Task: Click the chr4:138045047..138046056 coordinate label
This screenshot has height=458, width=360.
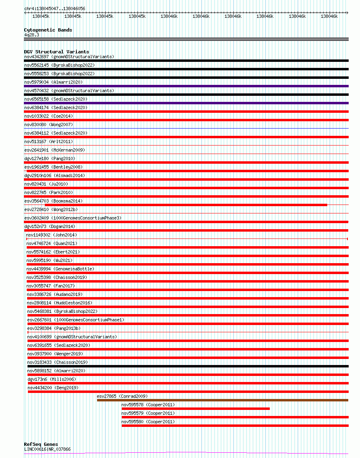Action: tap(55, 8)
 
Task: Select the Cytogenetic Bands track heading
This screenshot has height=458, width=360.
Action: tap(48, 30)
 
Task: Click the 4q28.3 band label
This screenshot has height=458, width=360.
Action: tap(32, 35)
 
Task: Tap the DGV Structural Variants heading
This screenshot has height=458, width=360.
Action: tap(57, 52)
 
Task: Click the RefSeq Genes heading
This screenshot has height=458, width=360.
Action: tap(41, 445)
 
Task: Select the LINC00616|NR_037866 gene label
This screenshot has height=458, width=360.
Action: tap(47, 449)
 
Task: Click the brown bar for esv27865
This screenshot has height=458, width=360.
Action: tap(222, 400)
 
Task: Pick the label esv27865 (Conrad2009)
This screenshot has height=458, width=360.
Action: tap(122, 396)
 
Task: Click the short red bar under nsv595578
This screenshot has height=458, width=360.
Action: tap(195, 409)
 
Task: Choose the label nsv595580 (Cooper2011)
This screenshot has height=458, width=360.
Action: tap(148, 422)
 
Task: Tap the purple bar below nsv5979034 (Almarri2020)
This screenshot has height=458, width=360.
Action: tap(186, 86)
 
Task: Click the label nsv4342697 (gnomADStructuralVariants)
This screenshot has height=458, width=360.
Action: tap(69, 57)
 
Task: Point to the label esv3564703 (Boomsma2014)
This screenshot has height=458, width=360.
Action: tap(53, 201)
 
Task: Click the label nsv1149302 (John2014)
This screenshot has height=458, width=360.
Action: tap(51, 235)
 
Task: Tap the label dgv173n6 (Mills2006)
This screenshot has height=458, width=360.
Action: tap(52, 379)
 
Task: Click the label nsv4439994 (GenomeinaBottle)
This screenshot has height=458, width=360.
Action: tap(60, 269)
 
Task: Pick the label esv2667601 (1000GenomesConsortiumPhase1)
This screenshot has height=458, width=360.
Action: tap(76, 320)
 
